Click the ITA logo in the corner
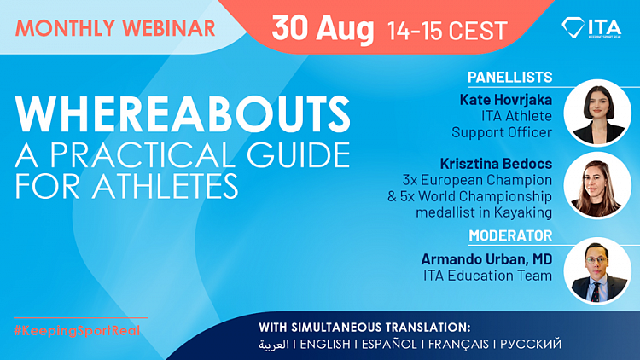pos(591,28)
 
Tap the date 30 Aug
pos(323,29)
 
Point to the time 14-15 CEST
pos(447,31)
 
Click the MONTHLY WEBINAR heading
pos(115,28)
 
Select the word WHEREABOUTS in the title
pos(183,114)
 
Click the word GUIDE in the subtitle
pos(299,155)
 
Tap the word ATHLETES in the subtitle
pos(165,186)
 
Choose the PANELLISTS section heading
pos(509,77)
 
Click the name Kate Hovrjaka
pos(506,100)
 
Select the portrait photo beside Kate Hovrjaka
pos(597,113)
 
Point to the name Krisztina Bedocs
pos(496,164)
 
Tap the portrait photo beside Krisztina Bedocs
pos(597,186)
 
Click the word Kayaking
pos(523,212)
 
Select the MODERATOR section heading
pos(510,235)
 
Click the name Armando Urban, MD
pos(486,259)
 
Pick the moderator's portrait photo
pos(597,271)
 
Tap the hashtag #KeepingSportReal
pos(77,331)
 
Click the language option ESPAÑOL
pos(389,345)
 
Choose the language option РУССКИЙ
pos(531,345)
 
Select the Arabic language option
pos(273,345)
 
